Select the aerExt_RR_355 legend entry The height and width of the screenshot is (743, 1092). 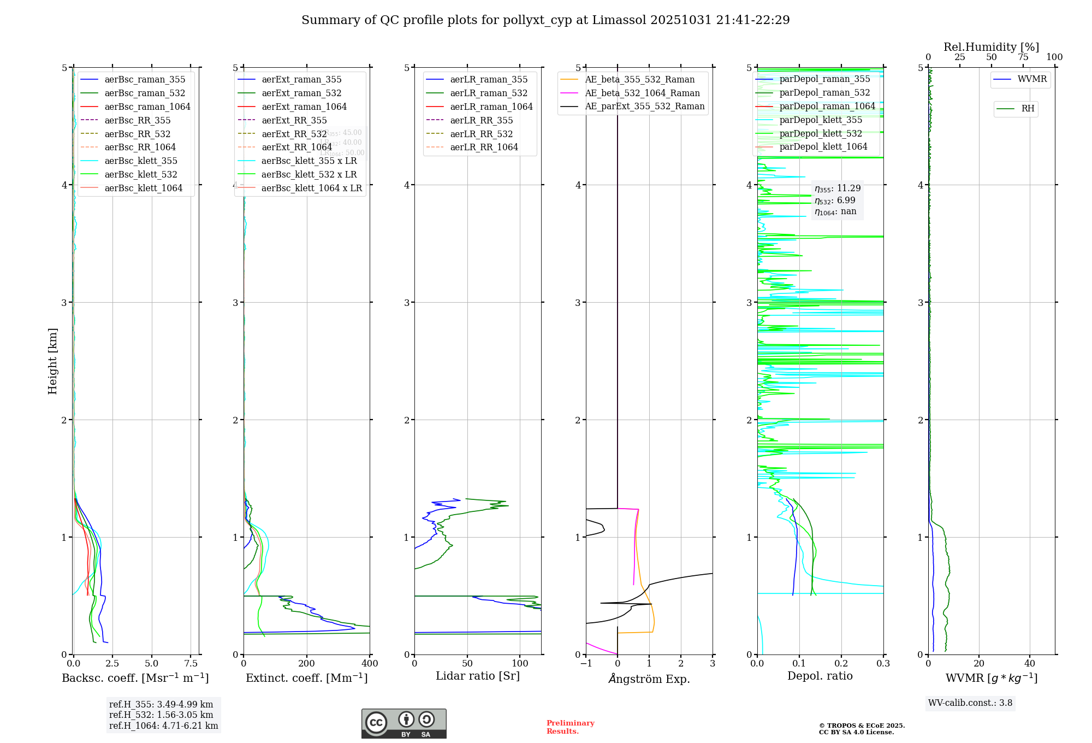[x=294, y=120]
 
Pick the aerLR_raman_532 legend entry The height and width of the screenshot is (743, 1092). [x=489, y=93]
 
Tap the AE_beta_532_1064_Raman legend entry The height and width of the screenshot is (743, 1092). [x=642, y=93]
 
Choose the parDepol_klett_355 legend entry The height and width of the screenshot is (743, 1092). [x=821, y=120]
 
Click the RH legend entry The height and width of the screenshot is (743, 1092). [x=1028, y=109]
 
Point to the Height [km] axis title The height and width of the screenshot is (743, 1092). [x=52, y=361]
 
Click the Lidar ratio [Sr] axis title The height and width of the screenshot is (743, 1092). [x=478, y=676]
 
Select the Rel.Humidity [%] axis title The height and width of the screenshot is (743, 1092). [x=991, y=47]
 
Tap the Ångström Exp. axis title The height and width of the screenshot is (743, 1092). [x=649, y=679]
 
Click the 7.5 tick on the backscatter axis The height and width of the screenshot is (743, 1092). [x=191, y=663]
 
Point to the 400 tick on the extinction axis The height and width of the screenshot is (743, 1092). [x=370, y=663]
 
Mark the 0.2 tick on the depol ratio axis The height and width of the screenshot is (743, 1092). [x=841, y=663]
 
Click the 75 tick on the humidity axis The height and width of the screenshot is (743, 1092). [x=1023, y=57]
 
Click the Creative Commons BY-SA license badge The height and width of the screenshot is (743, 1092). [x=403, y=723]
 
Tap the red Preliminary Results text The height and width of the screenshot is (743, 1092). [x=570, y=727]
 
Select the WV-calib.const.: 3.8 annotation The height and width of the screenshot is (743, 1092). [x=970, y=703]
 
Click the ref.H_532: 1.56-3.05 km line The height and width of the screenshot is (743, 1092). [x=161, y=715]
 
